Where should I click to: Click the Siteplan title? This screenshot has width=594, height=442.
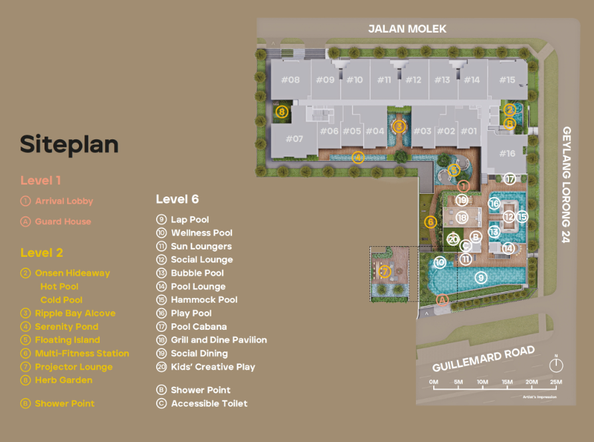69,144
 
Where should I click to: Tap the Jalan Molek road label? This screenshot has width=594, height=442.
408,29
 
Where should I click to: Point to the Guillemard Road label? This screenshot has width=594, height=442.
483,359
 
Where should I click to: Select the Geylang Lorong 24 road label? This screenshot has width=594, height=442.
567,184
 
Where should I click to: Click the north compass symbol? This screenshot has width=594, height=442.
556,364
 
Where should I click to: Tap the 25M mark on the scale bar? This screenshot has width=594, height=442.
555,382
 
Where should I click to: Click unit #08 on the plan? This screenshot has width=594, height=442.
290,80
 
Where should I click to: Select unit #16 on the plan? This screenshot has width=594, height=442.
507,153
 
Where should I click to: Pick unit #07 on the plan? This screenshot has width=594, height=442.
294,139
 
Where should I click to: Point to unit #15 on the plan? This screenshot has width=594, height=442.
507,80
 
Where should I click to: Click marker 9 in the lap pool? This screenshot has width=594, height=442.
481,277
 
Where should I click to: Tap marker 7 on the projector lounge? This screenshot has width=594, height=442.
384,271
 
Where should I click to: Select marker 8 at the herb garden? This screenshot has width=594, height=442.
282,112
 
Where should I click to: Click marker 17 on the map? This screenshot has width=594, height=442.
510,179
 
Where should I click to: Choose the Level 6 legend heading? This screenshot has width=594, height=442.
177,199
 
